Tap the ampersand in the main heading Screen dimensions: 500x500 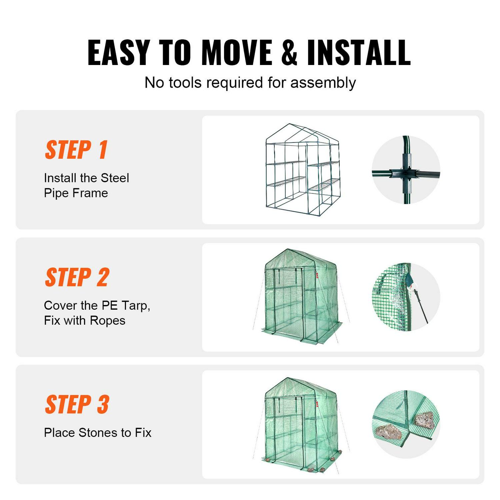(289, 53)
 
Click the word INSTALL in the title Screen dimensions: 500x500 (359, 53)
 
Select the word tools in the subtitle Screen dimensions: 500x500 (185, 82)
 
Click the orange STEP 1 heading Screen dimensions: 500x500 (76, 150)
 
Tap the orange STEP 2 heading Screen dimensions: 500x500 (77, 277)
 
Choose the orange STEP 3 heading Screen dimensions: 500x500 (77, 405)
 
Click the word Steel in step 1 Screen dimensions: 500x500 (115, 178)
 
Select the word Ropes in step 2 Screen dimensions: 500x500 (107, 320)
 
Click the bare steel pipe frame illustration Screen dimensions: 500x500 (303, 170)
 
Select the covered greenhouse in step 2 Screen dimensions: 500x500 (301, 297)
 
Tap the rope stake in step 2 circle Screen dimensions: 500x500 (421, 307)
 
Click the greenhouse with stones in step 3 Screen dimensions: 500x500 (301, 425)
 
